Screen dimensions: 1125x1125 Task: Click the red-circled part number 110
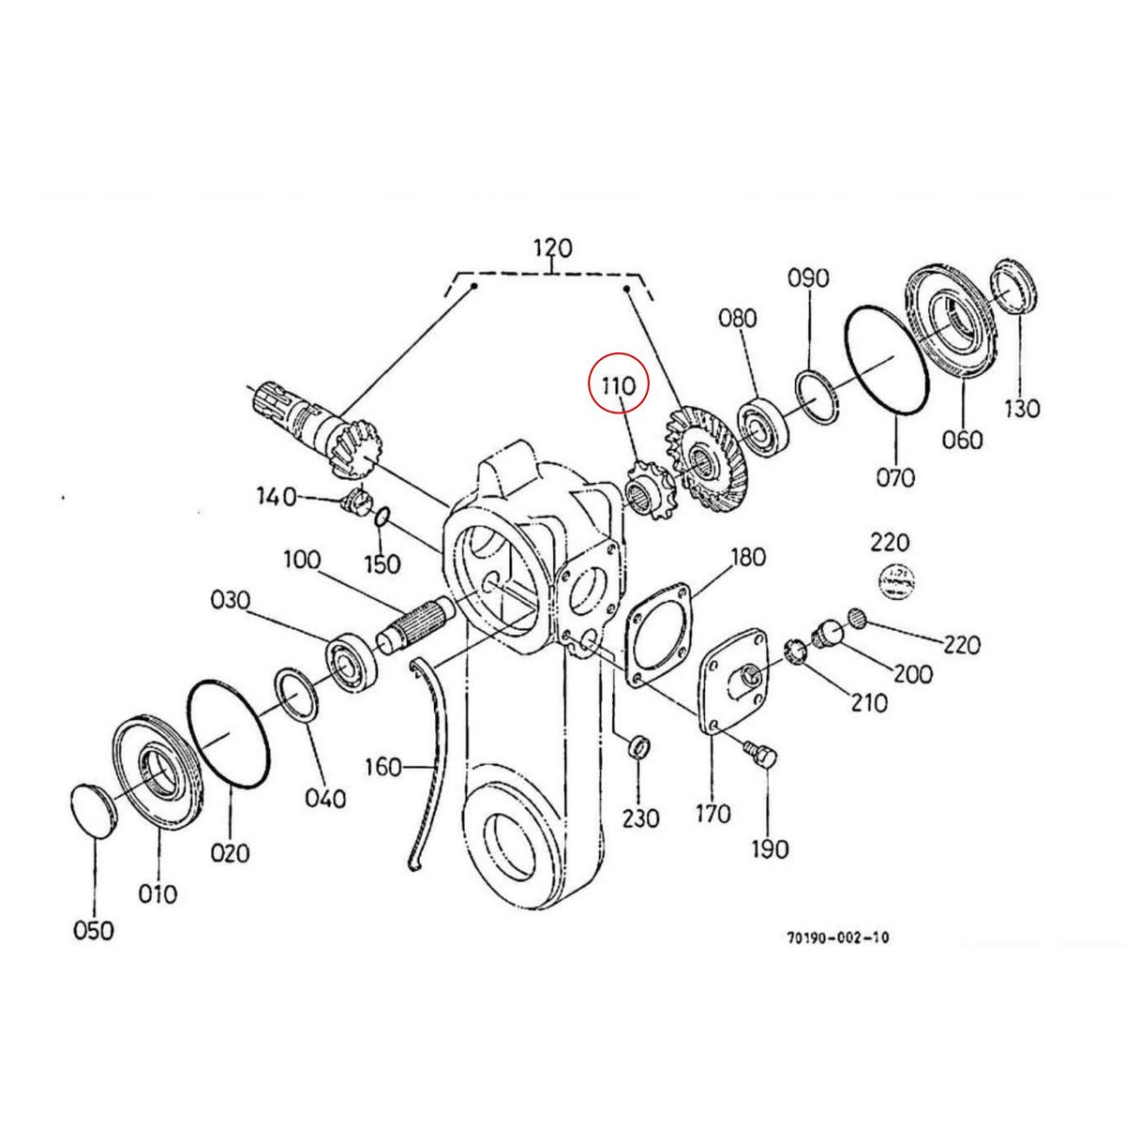[x=618, y=384]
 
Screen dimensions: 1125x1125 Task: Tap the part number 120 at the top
[x=552, y=249]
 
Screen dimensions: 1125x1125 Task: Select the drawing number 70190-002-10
[x=838, y=937]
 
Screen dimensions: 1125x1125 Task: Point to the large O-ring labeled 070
[x=886, y=358]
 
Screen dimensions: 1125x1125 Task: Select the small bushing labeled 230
[x=637, y=749]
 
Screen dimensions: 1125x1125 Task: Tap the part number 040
[x=325, y=798]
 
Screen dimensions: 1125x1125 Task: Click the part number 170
[x=712, y=813]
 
